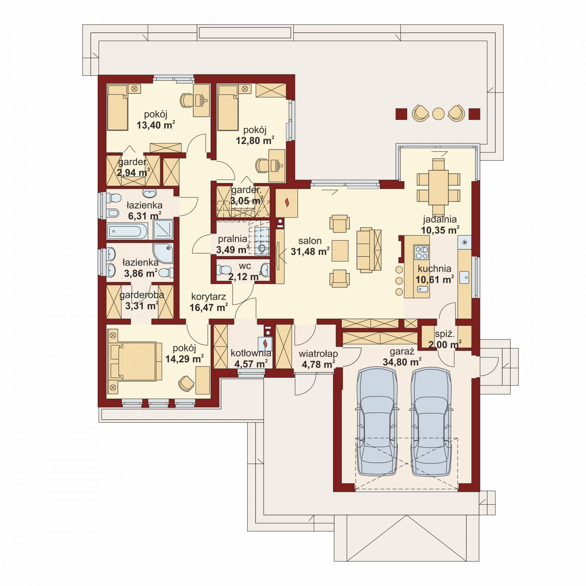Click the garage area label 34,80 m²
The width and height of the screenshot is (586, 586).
pos(402,362)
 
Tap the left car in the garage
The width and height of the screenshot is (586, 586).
pos(377,422)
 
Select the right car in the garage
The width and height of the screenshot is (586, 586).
pos(431,422)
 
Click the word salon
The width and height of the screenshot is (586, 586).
pos(310,241)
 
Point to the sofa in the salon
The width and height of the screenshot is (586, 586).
pos(369,250)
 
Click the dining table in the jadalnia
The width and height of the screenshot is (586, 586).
pos(438,187)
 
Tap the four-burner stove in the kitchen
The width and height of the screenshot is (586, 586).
pos(421,253)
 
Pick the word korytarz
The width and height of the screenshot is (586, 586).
pos(209,297)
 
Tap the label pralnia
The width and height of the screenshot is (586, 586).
pos(233,239)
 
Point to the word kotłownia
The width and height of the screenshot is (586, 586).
pos(251,353)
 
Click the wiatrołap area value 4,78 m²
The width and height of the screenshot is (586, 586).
pos(318,365)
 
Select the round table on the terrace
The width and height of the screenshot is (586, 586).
pos(438,114)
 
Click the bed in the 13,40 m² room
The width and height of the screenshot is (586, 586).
pos(118,107)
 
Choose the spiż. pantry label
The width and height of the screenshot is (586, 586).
pos(445,334)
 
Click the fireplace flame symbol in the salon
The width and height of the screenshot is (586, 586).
pos(287,202)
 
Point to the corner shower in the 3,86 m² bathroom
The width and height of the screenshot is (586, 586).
pos(163,253)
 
